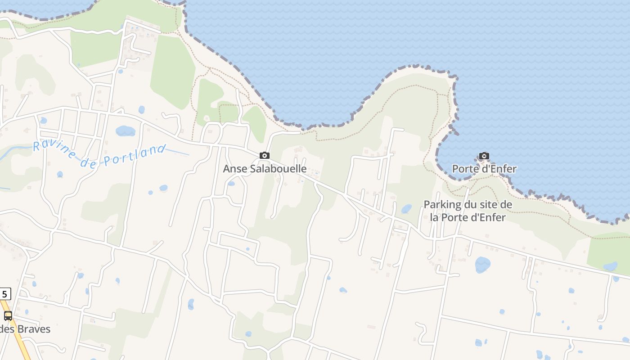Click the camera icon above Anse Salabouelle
click(x=265, y=156)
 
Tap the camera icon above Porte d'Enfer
click(x=484, y=156)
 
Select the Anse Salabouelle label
click(x=265, y=169)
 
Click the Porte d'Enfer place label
click(x=484, y=169)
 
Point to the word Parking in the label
click(x=442, y=205)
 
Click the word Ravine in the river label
click(x=54, y=150)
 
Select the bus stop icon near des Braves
click(x=8, y=315)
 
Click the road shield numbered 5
click(x=4, y=294)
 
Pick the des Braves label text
click(x=25, y=329)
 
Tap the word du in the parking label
click(x=471, y=205)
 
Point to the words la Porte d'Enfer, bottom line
click(x=468, y=217)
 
